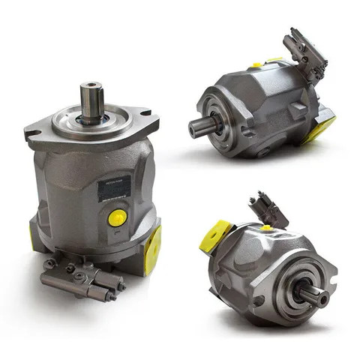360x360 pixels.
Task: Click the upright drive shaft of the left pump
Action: (x=92, y=104)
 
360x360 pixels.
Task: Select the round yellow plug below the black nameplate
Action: (x=117, y=218)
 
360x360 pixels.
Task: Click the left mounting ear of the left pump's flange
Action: (x=35, y=134)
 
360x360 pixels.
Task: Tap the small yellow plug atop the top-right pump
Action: (x=257, y=65)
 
